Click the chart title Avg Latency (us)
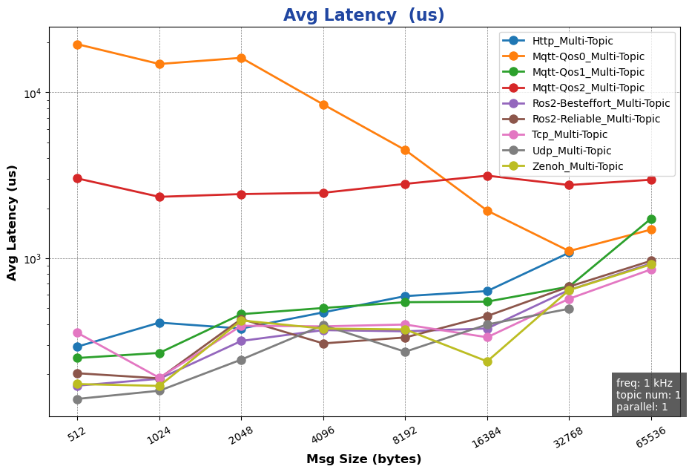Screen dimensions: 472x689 363,16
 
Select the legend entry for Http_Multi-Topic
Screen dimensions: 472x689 572,41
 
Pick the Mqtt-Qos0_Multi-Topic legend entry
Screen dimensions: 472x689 588,56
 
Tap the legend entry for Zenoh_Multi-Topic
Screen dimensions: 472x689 577,166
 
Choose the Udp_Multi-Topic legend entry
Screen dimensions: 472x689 571,151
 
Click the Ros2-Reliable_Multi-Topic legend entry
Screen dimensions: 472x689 596,119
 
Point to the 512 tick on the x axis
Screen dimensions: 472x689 77,434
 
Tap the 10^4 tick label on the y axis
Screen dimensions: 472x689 33,93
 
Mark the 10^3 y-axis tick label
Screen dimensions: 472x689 33,258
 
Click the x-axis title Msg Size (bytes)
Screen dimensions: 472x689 363,459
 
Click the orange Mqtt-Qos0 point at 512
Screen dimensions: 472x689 77,45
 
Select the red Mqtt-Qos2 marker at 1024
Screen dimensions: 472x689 159,197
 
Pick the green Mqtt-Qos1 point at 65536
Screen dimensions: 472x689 651,219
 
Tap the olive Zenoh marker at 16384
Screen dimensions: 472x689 487,361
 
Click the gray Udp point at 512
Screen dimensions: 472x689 77,399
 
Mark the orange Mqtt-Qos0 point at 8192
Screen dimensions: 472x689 405,150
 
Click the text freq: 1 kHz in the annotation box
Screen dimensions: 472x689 644,383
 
